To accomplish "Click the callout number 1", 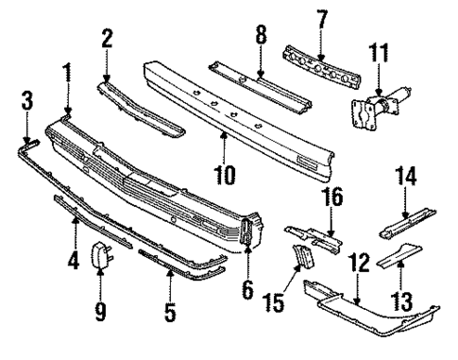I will coord(67,72).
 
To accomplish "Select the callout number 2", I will coord(107,38).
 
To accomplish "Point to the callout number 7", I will coord(322,17).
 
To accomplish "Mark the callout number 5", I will coord(170,308).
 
